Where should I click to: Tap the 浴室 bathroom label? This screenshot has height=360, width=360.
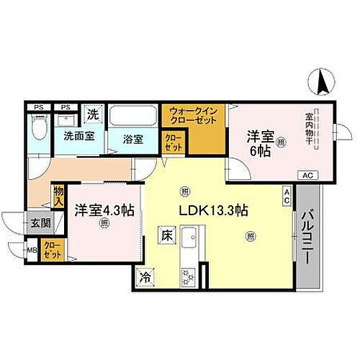[132, 139]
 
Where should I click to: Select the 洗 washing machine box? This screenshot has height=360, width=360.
[93, 113]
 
